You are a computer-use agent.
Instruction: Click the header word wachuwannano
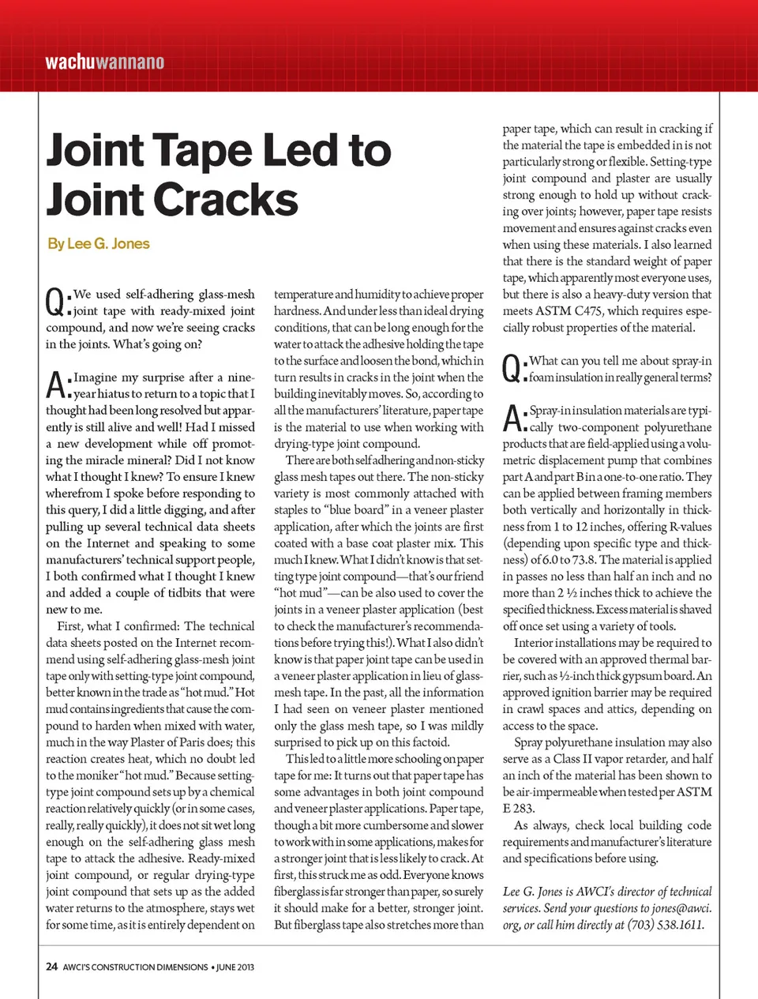point(104,62)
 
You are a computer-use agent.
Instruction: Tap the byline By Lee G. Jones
point(99,243)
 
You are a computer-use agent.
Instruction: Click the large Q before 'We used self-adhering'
point(55,302)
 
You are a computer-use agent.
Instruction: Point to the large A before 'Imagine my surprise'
point(55,385)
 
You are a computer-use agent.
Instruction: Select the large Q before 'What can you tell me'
point(512,368)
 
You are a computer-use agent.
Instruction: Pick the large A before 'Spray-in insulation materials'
point(512,418)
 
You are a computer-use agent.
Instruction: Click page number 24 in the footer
point(51,967)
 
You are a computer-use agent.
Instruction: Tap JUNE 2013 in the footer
point(236,967)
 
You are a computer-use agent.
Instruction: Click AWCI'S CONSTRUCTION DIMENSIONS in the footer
point(135,967)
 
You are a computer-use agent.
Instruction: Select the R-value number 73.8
point(581,560)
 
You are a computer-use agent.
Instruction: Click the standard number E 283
point(519,809)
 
